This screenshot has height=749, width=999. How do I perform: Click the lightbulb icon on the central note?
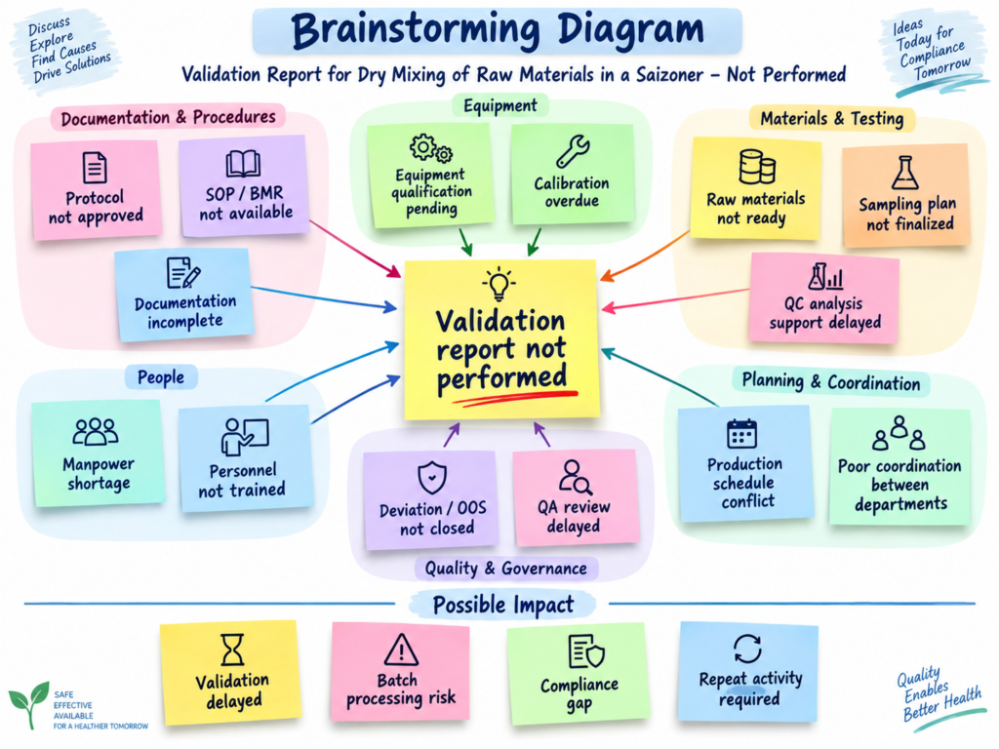[499, 284]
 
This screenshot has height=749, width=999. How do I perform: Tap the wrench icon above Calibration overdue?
[572, 151]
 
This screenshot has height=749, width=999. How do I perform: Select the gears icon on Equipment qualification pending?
[431, 149]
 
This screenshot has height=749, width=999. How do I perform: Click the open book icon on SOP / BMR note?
[243, 164]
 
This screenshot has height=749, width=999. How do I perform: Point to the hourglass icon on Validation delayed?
[232, 650]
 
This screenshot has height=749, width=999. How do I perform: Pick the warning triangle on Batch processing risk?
[401, 650]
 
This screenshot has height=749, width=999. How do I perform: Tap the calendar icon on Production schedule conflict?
[742, 434]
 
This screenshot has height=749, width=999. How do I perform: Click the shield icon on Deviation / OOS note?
[432, 477]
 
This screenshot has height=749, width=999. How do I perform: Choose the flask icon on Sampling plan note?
[904, 173]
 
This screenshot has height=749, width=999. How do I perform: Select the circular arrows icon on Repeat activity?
[747, 649]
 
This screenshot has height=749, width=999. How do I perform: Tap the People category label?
[161, 377]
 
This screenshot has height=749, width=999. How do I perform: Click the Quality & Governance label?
[506, 569]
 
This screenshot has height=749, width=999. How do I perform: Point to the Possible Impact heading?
[503, 605]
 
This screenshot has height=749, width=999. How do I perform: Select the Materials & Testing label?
[831, 118]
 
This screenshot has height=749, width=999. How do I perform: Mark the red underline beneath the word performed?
[515, 398]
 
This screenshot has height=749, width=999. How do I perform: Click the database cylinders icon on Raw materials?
[757, 167]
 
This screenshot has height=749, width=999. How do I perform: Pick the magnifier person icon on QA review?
[575, 477]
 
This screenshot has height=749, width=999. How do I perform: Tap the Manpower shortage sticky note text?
[99, 473]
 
